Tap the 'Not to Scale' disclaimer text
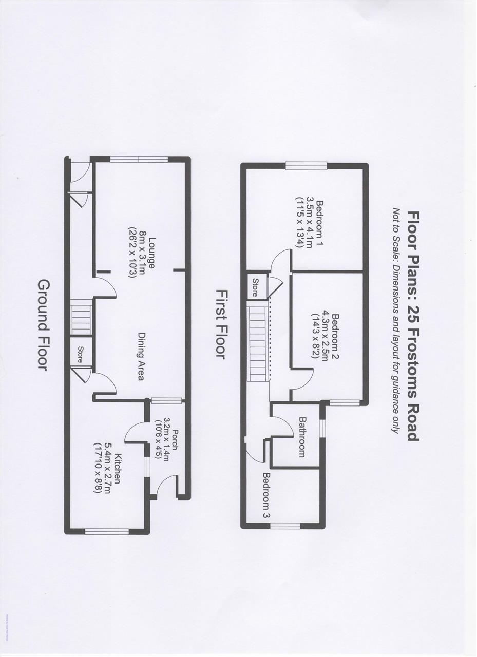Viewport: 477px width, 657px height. click(396, 320)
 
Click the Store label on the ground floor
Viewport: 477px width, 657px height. click(80, 355)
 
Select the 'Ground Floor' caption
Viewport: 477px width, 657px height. click(44, 325)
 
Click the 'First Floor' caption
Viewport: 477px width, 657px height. click(221, 324)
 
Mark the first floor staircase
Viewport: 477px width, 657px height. click(259, 341)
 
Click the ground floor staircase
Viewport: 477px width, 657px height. click(81, 319)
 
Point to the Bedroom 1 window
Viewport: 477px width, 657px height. click(306, 165)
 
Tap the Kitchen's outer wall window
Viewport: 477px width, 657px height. click(107, 531)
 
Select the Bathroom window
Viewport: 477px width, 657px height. click(322, 428)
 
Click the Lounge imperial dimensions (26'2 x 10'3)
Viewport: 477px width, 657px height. click(131, 253)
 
